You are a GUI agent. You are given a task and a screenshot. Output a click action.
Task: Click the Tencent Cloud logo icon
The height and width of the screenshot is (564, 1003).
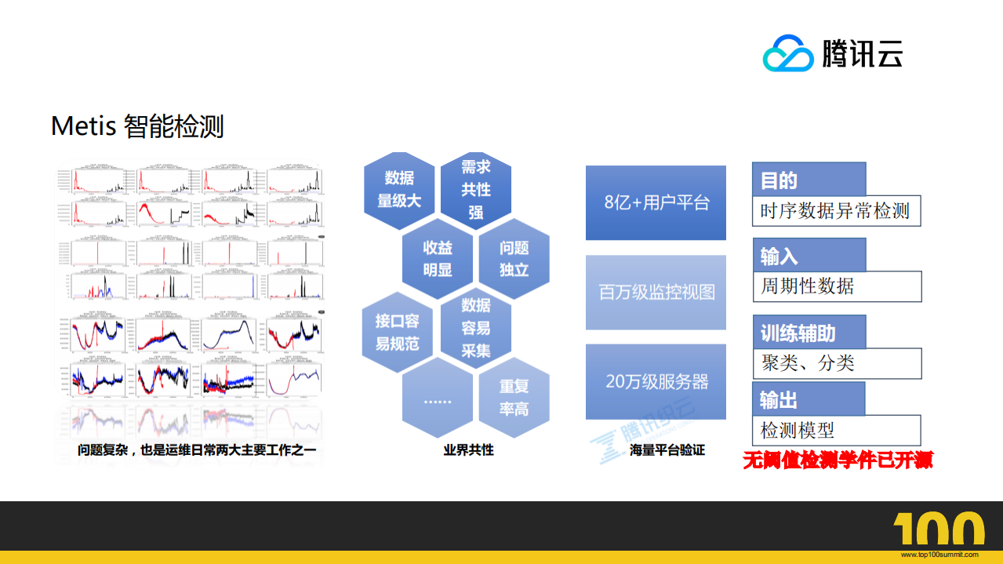pyautogui.click(x=788, y=53)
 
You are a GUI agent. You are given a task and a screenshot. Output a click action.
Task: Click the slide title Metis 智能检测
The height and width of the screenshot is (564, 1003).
pyautogui.click(x=137, y=126)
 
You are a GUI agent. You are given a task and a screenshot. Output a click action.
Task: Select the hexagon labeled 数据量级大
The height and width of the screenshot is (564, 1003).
pyautogui.click(x=399, y=190)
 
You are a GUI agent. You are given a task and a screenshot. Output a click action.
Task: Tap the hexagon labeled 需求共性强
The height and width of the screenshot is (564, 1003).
pyautogui.click(x=476, y=189)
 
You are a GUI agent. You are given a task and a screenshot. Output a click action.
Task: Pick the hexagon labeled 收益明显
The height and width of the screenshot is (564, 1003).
pyautogui.click(x=437, y=259)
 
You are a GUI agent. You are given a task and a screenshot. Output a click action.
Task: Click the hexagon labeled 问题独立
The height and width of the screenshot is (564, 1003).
pyautogui.click(x=514, y=259)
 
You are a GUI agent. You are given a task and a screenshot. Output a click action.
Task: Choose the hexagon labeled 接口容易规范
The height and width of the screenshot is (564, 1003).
pyautogui.click(x=398, y=332)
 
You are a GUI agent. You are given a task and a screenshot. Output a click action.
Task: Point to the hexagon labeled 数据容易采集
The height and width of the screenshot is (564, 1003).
pyautogui.click(x=475, y=328)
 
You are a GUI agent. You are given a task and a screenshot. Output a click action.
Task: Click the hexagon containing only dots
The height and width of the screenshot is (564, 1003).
pyautogui.click(x=437, y=400)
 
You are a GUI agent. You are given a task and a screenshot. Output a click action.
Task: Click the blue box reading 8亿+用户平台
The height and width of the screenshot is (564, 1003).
pyautogui.click(x=656, y=202)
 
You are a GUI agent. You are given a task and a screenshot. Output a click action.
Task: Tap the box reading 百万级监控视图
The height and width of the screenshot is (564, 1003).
pyautogui.click(x=656, y=293)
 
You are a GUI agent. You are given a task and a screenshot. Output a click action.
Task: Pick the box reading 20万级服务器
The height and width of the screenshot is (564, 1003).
pyautogui.click(x=656, y=382)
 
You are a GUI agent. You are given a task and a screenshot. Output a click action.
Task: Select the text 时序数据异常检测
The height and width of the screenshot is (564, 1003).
pyautogui.click(x=834, y=211)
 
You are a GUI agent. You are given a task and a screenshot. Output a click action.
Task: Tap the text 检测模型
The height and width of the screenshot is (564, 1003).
pyautogui.click(x=797, y=430)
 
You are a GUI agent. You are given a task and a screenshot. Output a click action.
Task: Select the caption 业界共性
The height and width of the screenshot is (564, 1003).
pyautogui.click(x=468, y=450)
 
